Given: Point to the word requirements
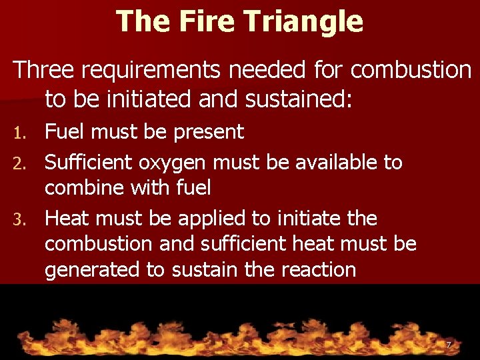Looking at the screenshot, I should pyautogui.click(x=152, y=69).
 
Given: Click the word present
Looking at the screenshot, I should pyautogui.click(x=209, y=132).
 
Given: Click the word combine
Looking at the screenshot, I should pyautogui.click(x=85, y=188).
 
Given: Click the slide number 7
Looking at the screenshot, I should pyautogui.click(x=449, y=345).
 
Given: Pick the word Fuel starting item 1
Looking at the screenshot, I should pyautogui.click(x=65, y=132).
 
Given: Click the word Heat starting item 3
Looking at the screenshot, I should pyautogui.click(x=67, y=218).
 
